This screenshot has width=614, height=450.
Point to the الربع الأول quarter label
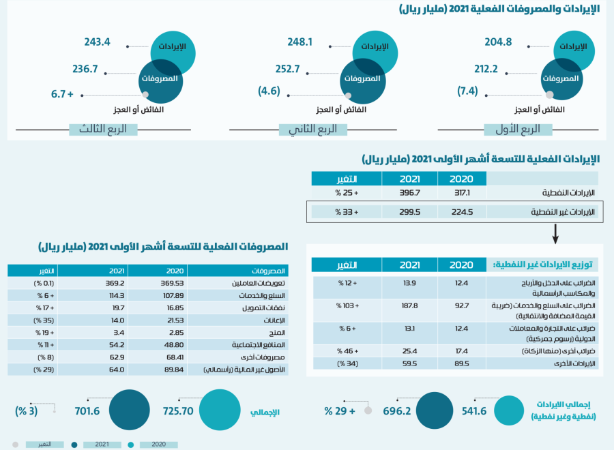521,129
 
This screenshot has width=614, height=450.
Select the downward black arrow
555,234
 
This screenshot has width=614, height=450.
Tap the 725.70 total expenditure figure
179,411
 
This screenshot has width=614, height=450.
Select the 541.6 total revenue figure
474,411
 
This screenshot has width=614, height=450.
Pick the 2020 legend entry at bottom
158,445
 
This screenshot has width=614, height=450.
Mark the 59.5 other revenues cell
409,364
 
